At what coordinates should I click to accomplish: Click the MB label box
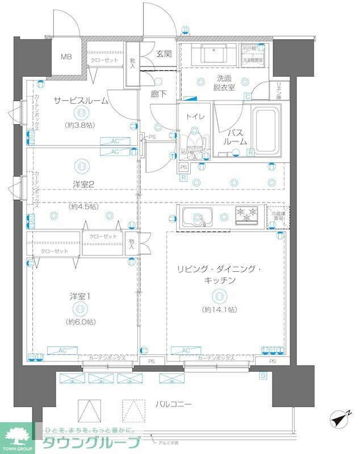tap(66, 57)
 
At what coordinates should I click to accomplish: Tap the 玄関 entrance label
tap(165, 54)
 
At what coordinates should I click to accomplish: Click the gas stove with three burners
tap(248, 215)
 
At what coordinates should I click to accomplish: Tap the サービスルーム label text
tap(77, 100)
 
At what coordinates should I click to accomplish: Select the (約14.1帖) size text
tap(219, 309)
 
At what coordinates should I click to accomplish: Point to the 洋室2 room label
tap(82, 184)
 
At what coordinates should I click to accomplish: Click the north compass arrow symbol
tap(340, 421)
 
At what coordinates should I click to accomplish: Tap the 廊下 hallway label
tap(158, 95)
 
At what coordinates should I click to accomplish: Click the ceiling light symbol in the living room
tap(219, 295)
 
